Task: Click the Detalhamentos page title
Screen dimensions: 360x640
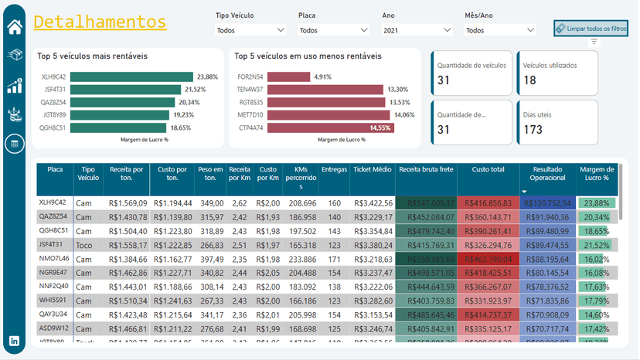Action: (x=100, y=22)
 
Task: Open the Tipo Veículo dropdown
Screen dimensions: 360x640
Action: (x=250, y=30)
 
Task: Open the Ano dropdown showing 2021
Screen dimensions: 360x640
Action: (x=417, y=30)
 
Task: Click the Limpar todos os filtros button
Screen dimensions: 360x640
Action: (x=591, y=29)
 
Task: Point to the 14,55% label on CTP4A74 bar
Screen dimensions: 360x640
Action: (x=380, y=127)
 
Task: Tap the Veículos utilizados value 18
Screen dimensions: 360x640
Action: (x=530, y=80)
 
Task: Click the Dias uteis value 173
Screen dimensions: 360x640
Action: (x=533, y=129)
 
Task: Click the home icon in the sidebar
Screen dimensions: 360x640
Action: (x=15, y=27)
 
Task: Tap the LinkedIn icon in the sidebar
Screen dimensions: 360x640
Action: (x=15, y=341)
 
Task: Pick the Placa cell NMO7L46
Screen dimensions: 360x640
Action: (x=54, y=258)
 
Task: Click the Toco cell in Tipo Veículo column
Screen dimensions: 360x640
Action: (x=84, y=244)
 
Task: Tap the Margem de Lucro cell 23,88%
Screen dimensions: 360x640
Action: (x=596, y=203)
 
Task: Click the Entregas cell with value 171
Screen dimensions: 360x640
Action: (x=334, y=258)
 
